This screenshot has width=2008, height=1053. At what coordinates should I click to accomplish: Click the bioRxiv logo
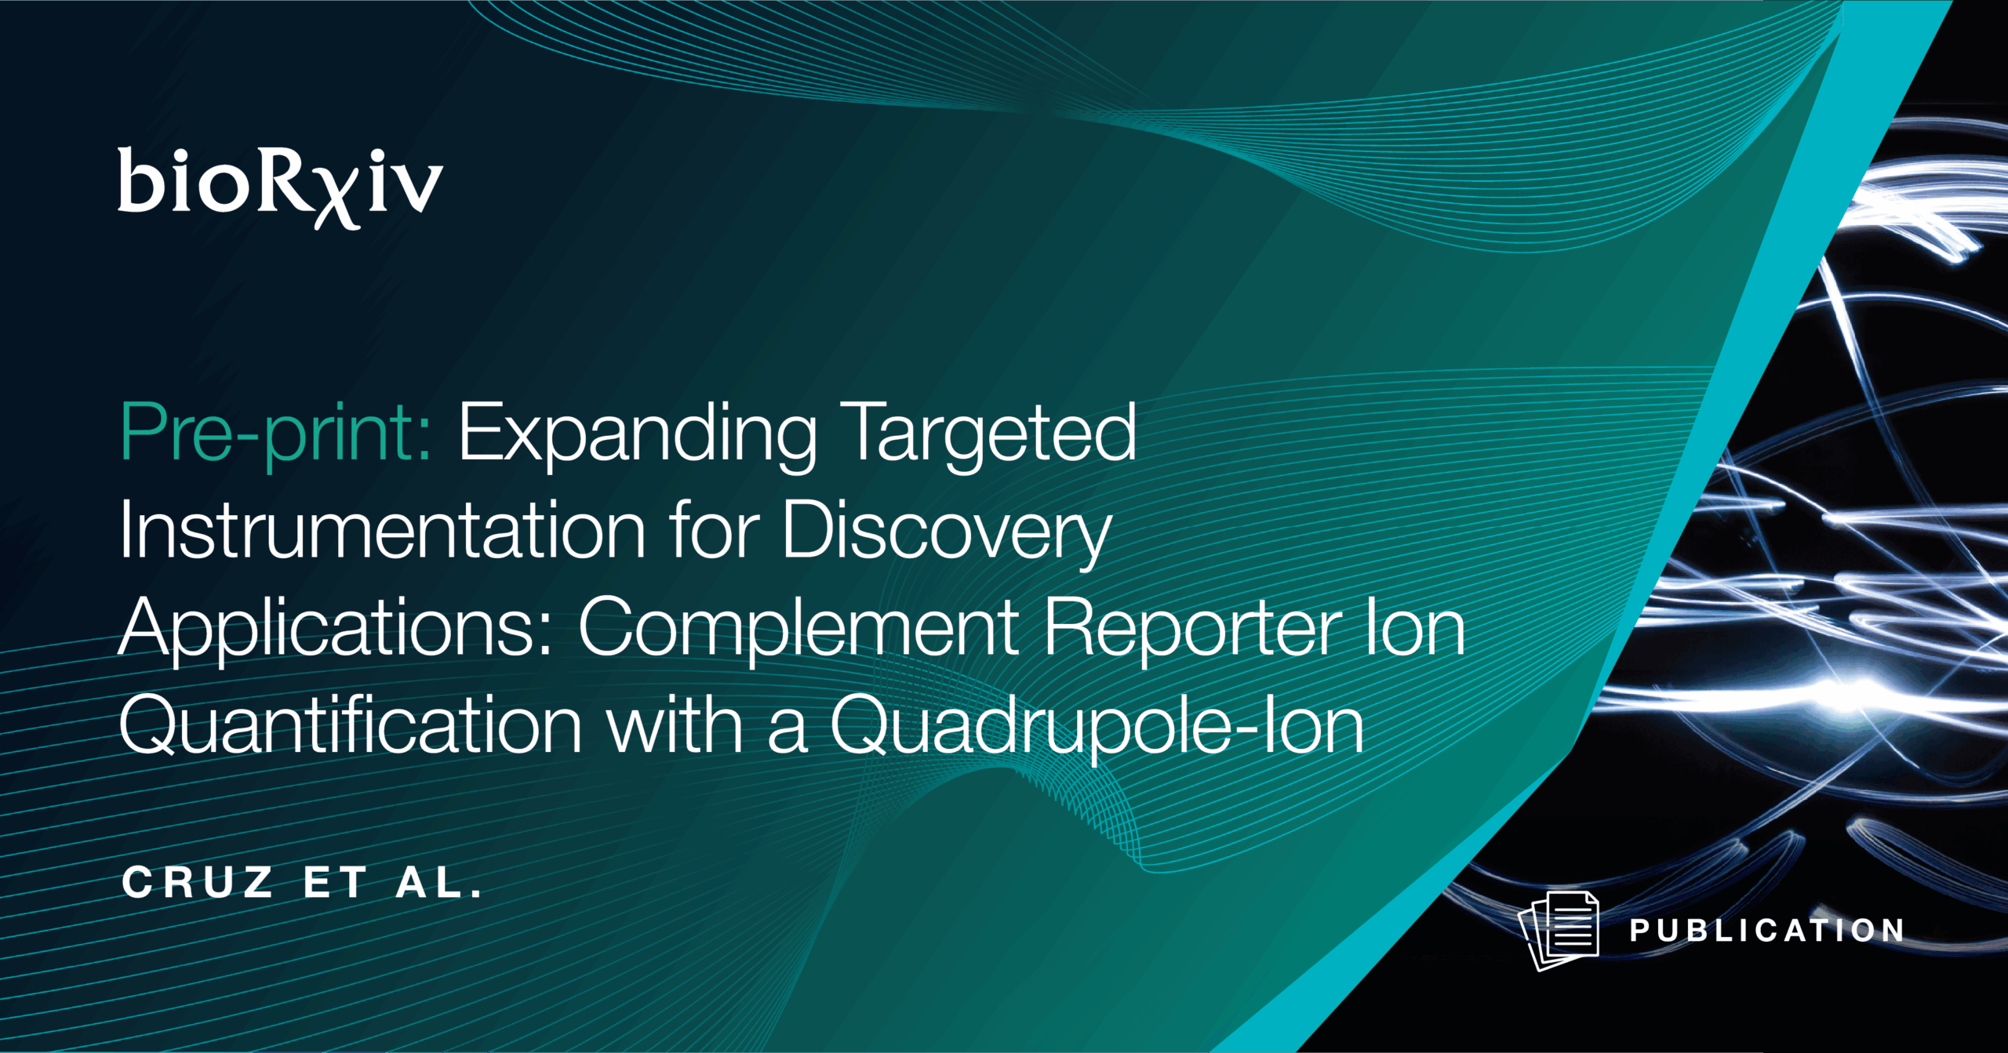click(x=280, y=185)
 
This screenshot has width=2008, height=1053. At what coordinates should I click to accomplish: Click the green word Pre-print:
click(x=275, y=434)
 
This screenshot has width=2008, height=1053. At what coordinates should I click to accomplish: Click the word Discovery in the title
click(x=946, y=531)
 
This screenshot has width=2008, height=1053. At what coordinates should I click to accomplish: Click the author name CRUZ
click(x=197, y=883)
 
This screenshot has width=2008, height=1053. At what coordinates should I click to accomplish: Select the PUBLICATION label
click(x=1766, y=931)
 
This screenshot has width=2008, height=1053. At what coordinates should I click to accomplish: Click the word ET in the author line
click(x=335, y=883)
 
